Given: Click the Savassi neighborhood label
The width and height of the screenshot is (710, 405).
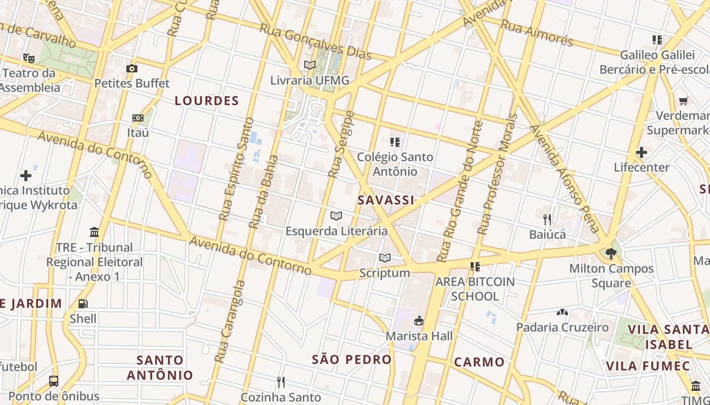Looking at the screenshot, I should [x=386, y=200].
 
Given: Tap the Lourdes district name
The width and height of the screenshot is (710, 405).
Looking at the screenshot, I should [x=206, y=101].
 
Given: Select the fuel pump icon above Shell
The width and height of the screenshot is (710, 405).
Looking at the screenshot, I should [x=83, y=304].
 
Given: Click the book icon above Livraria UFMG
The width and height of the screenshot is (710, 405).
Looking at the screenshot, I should [x=309, y=65].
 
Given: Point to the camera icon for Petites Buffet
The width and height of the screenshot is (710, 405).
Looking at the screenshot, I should [x=132, y=68].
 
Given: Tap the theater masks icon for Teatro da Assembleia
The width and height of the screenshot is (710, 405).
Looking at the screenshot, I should [x=28, y=58].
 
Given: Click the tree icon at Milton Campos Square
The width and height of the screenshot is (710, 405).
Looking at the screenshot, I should [x=611, y=253].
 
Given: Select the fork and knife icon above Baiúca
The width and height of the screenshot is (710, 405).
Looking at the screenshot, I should [x=547, y=219].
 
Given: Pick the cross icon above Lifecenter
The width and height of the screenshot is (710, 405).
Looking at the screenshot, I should [x=641, y=152].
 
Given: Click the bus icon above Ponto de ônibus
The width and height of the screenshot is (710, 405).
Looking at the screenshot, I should [x=54, y=381].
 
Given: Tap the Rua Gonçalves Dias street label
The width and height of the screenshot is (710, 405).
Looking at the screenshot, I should [x=316, y=41].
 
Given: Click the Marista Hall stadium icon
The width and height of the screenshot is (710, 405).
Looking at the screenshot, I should [x=419, y=320].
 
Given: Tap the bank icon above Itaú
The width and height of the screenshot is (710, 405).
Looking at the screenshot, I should [x=137, y=118].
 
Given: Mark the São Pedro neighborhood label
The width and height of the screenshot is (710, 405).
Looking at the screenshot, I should [x=351, y=360].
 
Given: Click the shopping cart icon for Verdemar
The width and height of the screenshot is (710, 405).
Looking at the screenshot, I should [x=683, y=101].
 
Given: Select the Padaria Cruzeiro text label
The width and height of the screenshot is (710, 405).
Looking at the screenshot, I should [x=562, y=328].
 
